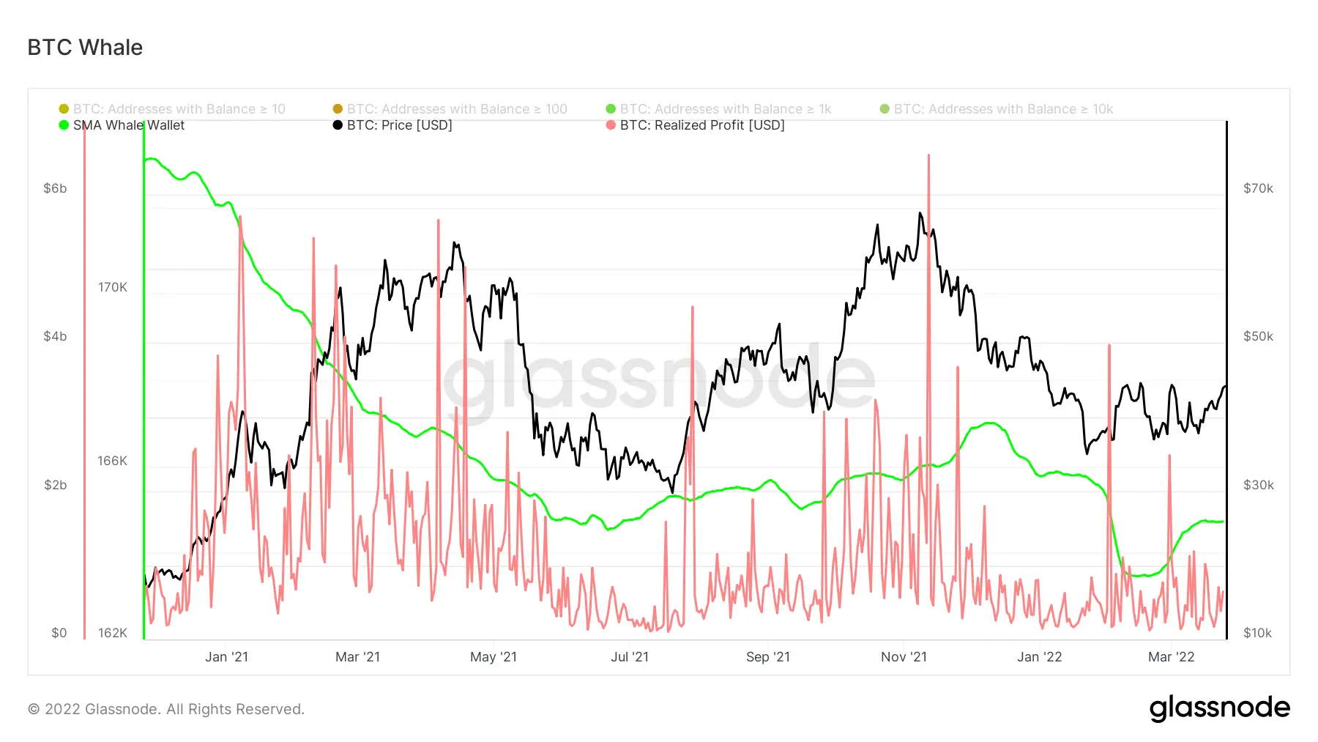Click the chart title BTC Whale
tap(85, 48)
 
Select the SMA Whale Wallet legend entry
tap(128, 125)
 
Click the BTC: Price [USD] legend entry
tap(399, 125)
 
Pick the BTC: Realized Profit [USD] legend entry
tap(701, 125)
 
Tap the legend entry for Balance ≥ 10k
tap(1002, 109)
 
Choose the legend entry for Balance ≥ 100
tap(456, 109)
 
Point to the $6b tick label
tap(55, 188)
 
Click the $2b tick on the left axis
tap(55, 485)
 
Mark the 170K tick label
tap(113, 287)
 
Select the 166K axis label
tap(112, 461)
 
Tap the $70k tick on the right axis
tap(1258, 188)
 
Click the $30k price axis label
tap(1258, 485)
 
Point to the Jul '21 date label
tap(630, 657)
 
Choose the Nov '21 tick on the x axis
tap(904, 657)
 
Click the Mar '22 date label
tap(1171, 657)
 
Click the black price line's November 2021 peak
tap(920, 213)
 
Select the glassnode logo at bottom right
tap(1219, 708)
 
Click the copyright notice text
tap(166, 709)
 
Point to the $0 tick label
tap(59, 633)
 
